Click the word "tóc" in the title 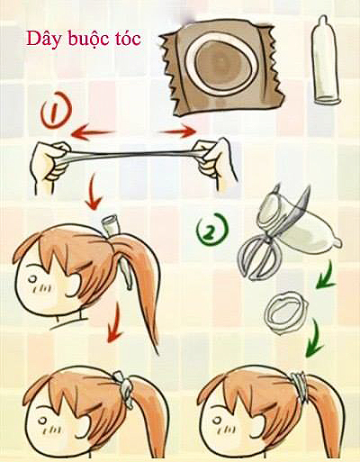point(127,39)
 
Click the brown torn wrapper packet point(222,68)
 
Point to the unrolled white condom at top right point(325,61)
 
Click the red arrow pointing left point(93,132)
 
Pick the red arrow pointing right point(178,131)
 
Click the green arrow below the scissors point(326,275)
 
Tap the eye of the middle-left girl point(32,279)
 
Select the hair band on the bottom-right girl point(300,386)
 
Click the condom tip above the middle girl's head point(110,225)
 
